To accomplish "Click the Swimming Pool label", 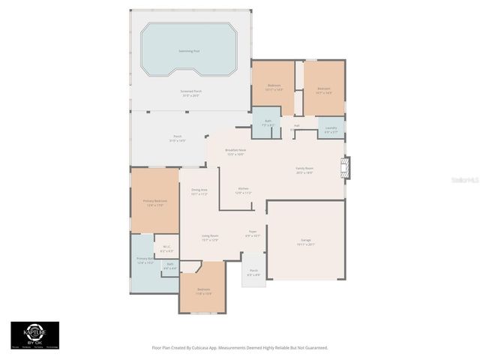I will [x=189, y=51].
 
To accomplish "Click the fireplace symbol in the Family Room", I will [x=345, y=166].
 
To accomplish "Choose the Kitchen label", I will [x=244, y=190].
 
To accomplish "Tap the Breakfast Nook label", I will [x=236, y=151].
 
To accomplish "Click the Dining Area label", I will [x=199, y=191].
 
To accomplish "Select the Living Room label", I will [x=209, y=238].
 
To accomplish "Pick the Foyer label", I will [x=253, y=233].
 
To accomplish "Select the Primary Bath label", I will [x=145, y=260].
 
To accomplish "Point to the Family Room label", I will [x=304, y=170].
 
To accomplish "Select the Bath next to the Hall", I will [x=267, y=122].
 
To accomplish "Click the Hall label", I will [x=296, y=126].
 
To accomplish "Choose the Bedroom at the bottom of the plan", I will [x=203, y=291].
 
